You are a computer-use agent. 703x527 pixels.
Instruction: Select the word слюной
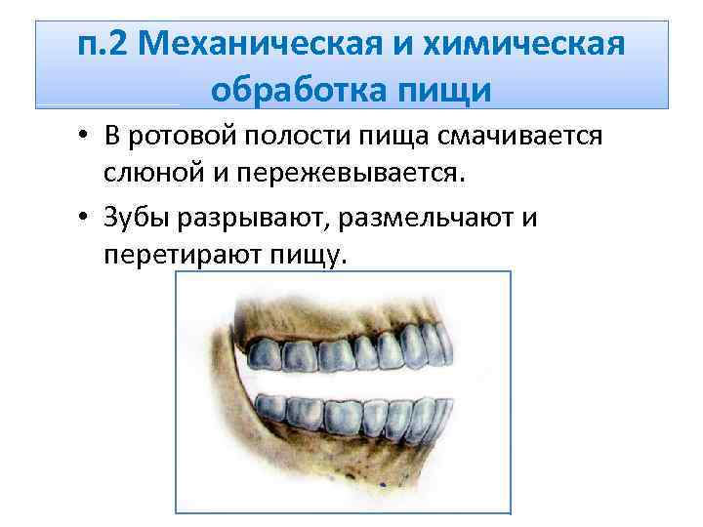point(149,175)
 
